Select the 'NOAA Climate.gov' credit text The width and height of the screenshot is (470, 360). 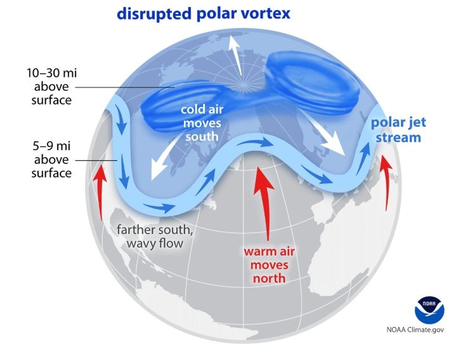(415, 330)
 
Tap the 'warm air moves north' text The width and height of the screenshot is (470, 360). (268, 265)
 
